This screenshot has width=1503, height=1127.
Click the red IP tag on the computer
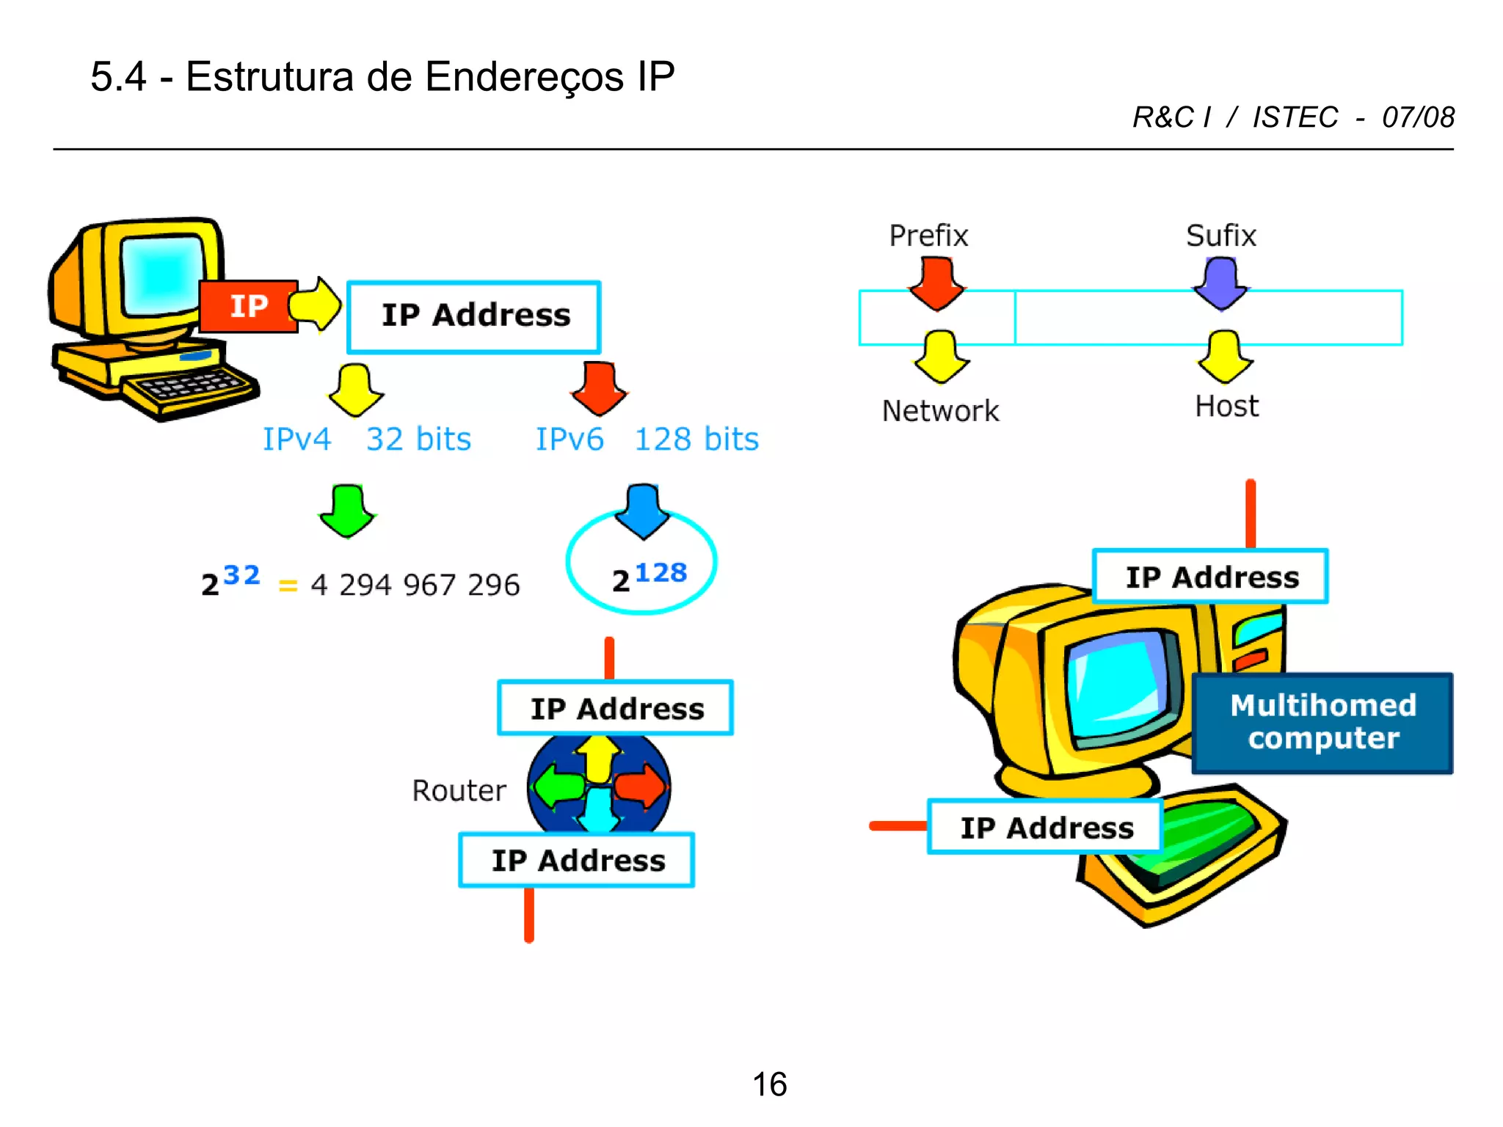pyautogui.click(x=248, y=306)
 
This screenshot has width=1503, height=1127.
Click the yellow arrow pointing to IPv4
pyautogui.click(x=355, y=390)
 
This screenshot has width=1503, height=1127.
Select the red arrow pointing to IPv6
pyautogui.click(x=599, y=388)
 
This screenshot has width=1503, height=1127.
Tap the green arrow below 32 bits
pyautogui.click(x=347, y=511)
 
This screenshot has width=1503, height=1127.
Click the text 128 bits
pyautogui.click(x=696, y=440)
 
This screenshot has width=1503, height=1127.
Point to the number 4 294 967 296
pyautogui.click(x=415, y=585)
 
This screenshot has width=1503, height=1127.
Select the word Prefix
pyautogui.click(x=928, y=236)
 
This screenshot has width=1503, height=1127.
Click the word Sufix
pyautogui.click(x=1221, y=236)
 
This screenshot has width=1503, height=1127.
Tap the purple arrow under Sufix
pyautogui.click(x=1220, y=283)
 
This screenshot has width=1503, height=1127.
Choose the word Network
pyautogui.click(x=940, y=411)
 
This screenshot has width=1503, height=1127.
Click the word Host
pyautogui.click(x=1226, y=406)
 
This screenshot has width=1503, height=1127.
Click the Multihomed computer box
pyautogui.click(x=1322, y=723)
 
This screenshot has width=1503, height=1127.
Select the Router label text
pyautogui.click(x=459, y=791)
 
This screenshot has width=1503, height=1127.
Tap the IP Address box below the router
pyautogui.click(x=577, y=860)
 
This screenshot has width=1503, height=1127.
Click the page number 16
pyautogui.click(x=769, y=1084)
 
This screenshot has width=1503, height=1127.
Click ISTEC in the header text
pyautogui.click(x=1295, y=117)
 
